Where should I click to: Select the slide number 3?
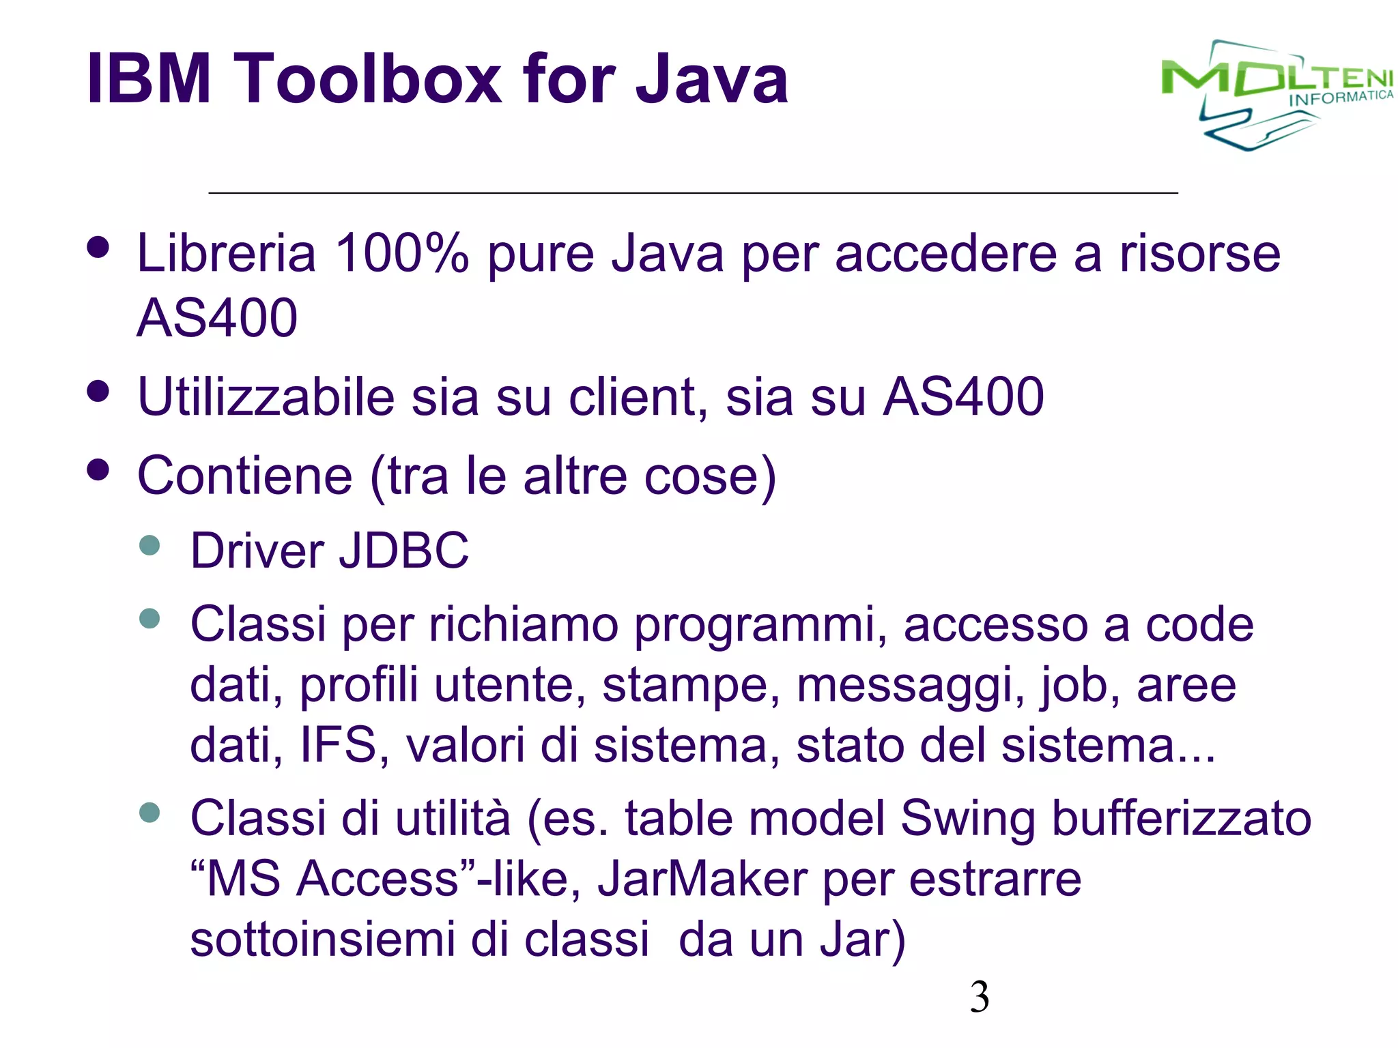[x=980, y=997]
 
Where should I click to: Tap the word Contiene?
[x=244, y=476]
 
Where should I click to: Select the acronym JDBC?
[x=404, y=551]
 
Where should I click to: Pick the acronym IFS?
[x=339, y=745]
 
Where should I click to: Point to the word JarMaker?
[x=702, y=879]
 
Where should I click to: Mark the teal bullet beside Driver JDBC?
[x=149, y=545]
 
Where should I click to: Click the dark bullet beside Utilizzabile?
[x=98, y=392]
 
